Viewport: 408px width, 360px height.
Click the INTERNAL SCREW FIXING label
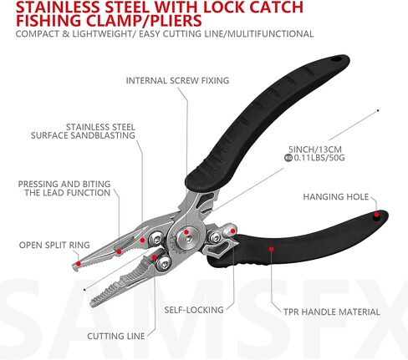(x=177, y=80)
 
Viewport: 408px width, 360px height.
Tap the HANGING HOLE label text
(x=336, y=197)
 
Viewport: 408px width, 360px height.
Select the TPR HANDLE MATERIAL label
(x=332, y=312)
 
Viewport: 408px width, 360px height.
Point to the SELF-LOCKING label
(x=194, y=310)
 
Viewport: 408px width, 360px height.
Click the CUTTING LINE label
(x=116, y=336)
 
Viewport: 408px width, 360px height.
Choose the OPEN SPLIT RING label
(x=54, y=245)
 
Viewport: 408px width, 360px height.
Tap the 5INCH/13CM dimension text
(x=315, y=150)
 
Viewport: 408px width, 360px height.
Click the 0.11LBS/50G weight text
(x=319, y=158)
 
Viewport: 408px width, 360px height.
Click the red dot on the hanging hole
(x=376, y=215)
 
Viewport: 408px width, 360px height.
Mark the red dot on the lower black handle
(x=271, y=249)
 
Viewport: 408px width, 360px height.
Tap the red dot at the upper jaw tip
(x=79, y=263)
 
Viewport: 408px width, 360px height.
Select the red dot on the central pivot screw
(x=186, y=231)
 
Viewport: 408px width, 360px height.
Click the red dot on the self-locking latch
(x=233, y=231)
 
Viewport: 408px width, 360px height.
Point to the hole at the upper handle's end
(x=336, y=59)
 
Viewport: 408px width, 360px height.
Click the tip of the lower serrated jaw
(x=92, y=305)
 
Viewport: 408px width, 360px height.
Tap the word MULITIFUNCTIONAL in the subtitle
(x=269, y=34)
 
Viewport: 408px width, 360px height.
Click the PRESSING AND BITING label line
(x=64, y=184)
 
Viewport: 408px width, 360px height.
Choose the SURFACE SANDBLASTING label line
(x=83, y=135)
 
